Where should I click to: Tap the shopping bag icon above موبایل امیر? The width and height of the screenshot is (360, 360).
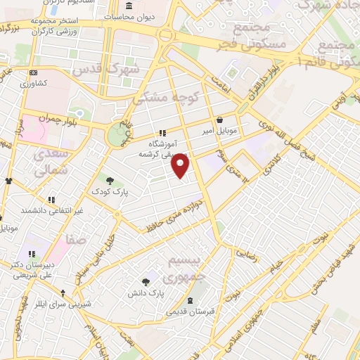pyautogui.click(x=221, y=120)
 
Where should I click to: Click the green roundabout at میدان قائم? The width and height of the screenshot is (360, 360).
pyautogui.click(x=115, y=135)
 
